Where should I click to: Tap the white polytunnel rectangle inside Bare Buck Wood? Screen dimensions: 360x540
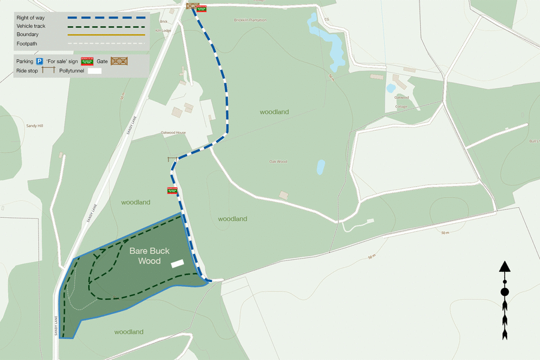[177, 263]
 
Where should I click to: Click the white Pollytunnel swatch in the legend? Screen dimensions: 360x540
[95, 71]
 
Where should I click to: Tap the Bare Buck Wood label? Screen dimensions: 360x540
[149, 256]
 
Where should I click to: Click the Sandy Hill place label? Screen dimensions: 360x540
[35, 126]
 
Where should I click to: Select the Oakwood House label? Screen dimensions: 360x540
[173, 132]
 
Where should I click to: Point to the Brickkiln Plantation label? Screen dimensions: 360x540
[251, 20]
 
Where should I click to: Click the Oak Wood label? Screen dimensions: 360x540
[278, 161]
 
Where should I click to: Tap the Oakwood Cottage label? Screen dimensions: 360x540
[401, 102]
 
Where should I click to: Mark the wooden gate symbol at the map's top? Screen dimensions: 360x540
[193, 7]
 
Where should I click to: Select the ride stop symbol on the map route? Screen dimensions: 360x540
[172, 159]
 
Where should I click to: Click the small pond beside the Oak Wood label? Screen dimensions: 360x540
[320, 167]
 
